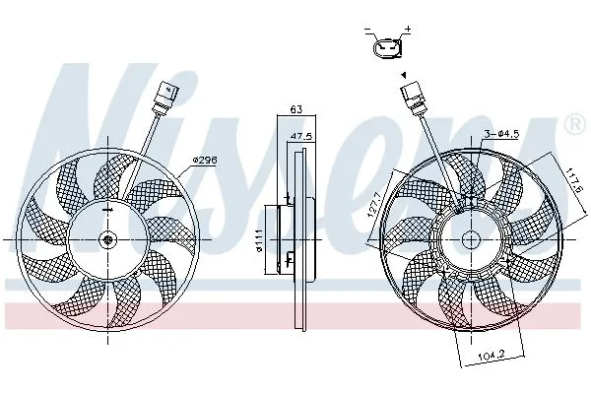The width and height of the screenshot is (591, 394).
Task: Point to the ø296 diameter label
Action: [x=205, y=160]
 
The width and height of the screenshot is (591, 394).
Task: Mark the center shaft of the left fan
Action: [x=106, y=239]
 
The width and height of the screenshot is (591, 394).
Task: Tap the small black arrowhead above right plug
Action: [x=402, y=75]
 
